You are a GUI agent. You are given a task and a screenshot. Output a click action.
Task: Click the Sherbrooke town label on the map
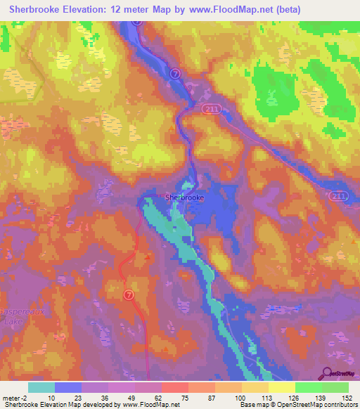coord(184,197)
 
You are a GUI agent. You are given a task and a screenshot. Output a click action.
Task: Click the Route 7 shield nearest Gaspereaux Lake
coord(129,294)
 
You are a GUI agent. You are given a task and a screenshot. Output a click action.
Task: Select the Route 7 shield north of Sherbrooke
coord(175,72)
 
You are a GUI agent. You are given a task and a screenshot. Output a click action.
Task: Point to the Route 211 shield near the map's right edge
coord(338,195)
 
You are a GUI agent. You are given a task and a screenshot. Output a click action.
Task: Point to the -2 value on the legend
coord(23,397)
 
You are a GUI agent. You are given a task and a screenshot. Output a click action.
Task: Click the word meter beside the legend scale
coord(10,397)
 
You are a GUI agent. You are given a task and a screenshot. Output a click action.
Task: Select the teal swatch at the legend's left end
coord(41,387)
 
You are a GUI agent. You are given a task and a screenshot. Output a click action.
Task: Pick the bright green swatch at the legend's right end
coord(335,387)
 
